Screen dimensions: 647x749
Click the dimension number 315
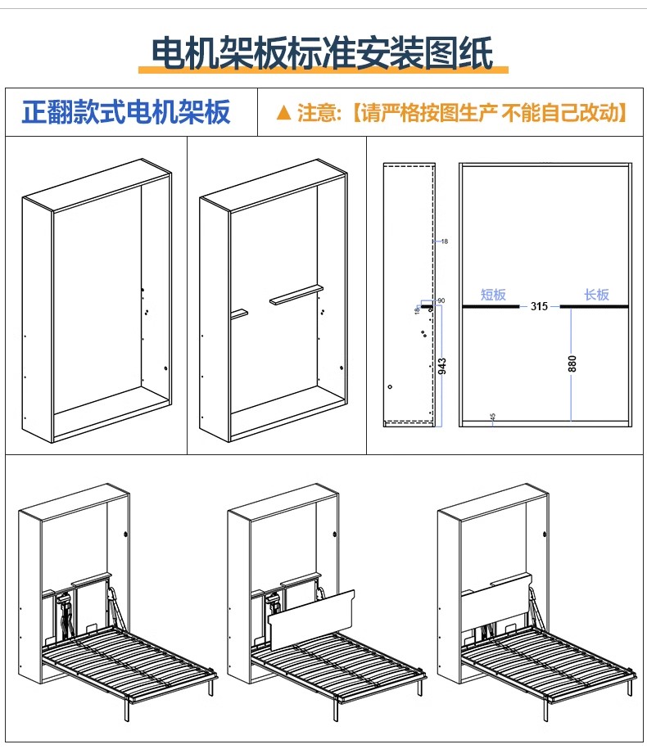tap(539, 307)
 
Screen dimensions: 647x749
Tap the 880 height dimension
tap(572, 363)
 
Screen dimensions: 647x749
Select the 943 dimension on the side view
tap(443, 363)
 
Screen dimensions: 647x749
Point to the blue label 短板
tap(493, 295)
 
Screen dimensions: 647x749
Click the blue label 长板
tap(596, 295)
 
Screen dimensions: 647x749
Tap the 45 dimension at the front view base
tap(492, 417)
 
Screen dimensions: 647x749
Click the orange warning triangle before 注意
tap(283, 112)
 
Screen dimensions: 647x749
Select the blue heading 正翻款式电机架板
tap(126, 112)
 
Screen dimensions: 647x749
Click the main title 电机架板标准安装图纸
tap(323, 54)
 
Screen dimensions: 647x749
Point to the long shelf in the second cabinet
tap(296, 295)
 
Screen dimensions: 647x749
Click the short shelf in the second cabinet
tap(238, 313)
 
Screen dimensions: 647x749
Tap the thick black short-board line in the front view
tap(491, 307)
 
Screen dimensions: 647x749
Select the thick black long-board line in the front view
tap(595, 307)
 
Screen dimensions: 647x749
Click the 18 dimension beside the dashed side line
tap(443, 242)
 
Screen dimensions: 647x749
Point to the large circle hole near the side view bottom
tap(391, 386)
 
